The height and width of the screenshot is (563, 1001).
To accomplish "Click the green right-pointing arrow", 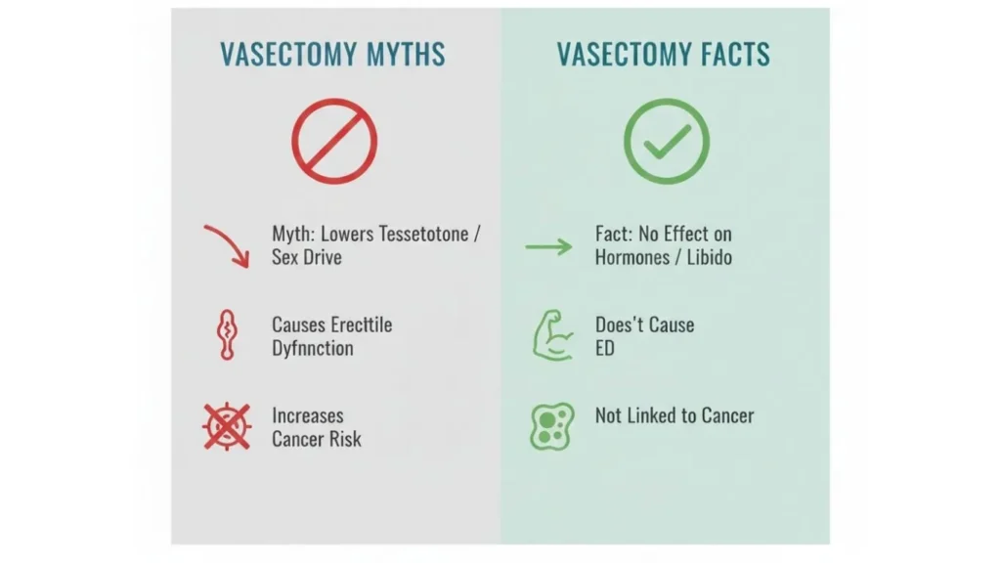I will (548, 246).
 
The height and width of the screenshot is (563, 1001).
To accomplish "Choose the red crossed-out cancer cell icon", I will (227, 426).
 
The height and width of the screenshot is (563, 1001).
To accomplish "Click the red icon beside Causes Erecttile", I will (226, 336).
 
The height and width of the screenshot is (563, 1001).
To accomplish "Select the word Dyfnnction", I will (312, 348).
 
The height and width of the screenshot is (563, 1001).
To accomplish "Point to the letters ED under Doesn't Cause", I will (605, 348).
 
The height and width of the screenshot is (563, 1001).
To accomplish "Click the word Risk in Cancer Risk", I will (343, 439).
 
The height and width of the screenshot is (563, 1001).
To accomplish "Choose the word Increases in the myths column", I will (307, 415).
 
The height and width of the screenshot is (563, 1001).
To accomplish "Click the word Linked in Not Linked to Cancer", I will (660, 415).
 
